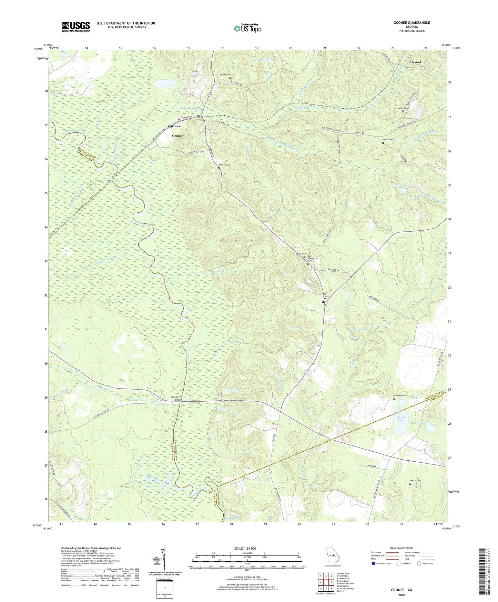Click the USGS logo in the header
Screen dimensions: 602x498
click(76, 26)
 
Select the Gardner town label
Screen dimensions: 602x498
click(174, 126)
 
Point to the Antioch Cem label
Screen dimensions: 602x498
click(223, 165)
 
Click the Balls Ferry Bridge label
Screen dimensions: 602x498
click(178, 399)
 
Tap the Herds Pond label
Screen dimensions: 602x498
click(400, 419)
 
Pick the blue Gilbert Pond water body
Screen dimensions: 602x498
click(430, 428)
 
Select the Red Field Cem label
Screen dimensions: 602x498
click(401, 395)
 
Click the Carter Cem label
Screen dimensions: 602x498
click(301, 254)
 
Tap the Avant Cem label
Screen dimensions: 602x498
click(403, 108)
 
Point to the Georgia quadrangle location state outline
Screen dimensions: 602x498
click(333, 555)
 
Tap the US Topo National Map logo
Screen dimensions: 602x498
click(247, 28)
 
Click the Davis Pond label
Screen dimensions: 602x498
click(231, 519)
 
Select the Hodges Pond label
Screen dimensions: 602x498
click(359, 330)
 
